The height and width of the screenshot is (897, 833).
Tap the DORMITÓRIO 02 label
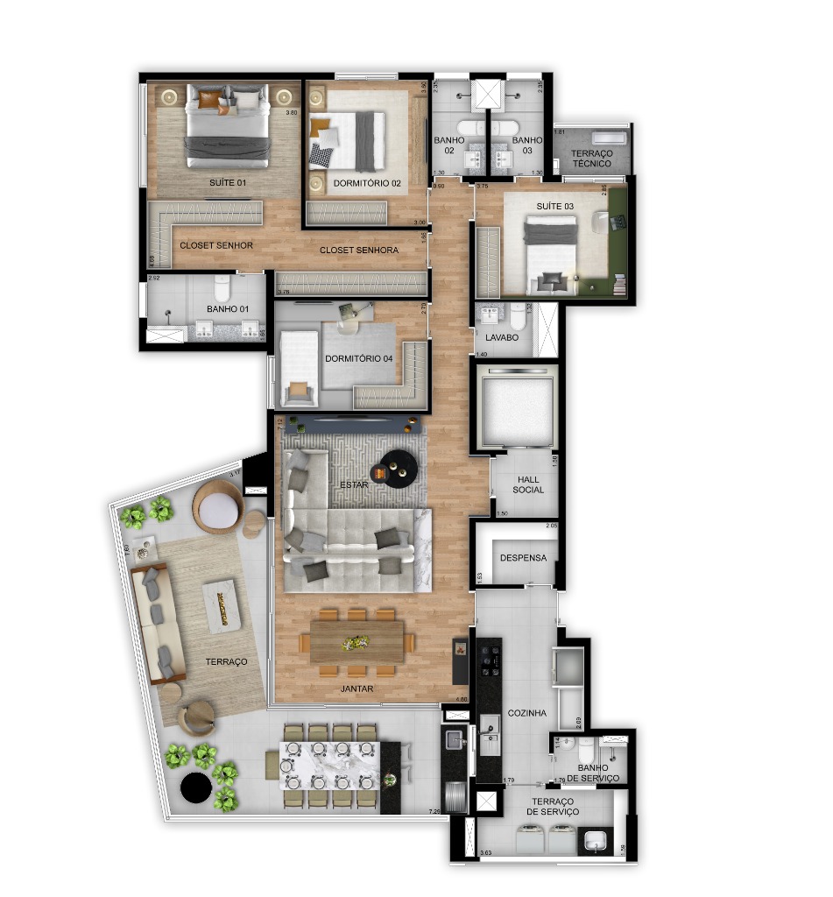(367, 184)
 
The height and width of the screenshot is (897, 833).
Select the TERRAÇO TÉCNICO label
(591, 158)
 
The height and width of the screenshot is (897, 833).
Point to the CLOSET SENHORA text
(358, 251)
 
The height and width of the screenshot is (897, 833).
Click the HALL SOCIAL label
(528, 484)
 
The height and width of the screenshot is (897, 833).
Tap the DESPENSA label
(523, 558)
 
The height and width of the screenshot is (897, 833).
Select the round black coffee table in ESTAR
(399, 468)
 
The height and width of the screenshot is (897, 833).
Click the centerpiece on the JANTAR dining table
(356, 643)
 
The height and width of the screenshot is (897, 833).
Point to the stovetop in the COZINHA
(489, 658)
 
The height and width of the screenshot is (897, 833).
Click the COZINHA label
(526, 713)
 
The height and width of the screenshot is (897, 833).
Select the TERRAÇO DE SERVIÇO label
(554, 807)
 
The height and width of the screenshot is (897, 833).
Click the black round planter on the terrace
(194, 788)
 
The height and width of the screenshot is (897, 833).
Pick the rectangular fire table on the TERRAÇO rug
(222, 604)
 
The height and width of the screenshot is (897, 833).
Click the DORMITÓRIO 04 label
(357, 358)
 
